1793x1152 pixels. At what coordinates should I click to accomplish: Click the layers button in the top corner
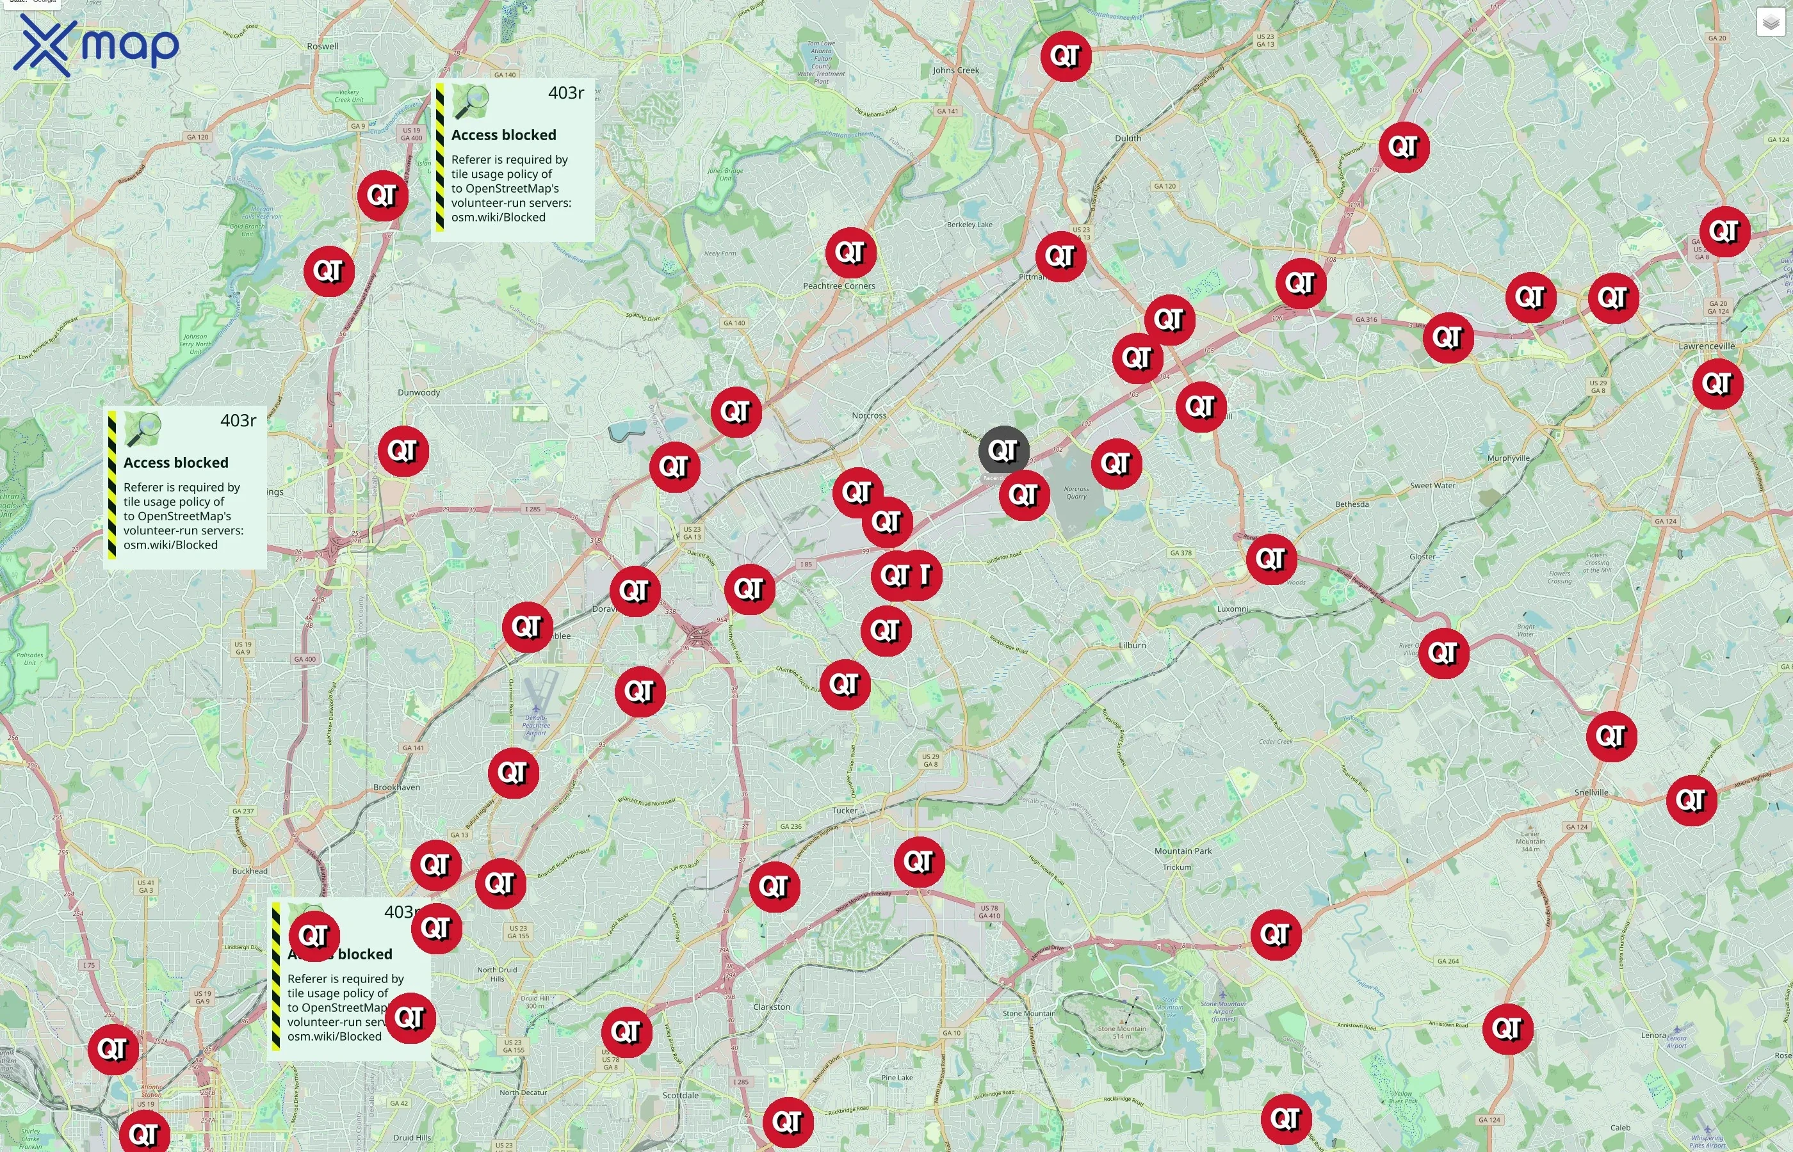tap(1770, 22)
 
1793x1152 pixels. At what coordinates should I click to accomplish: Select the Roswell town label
tap(323, 46)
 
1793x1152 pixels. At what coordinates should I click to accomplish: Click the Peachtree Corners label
tap(839, 285)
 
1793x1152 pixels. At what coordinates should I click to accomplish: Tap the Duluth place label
tap(1128, 138)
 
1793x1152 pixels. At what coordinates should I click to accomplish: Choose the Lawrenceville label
tap(1706, 346)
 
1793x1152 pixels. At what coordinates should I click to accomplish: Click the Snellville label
tap(1591, 792)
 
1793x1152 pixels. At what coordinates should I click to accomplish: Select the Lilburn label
tap(1132, 645)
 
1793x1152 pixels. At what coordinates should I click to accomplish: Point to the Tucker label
tap(845, 810)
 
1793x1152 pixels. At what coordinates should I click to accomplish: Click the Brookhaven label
tap(396, 787)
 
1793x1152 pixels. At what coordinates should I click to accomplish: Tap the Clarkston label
tap(772, 1007)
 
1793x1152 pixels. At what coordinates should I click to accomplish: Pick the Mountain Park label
tap(1182, 851)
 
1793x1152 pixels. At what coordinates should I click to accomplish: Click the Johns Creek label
tap(955, 70)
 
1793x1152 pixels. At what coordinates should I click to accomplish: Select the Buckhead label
tap(250, 871)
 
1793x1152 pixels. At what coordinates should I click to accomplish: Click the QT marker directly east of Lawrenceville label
tap(1717, 384)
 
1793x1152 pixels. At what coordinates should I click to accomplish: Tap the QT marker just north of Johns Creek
tap(1065, 56)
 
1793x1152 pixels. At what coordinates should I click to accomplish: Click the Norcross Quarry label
tap(1076, 492)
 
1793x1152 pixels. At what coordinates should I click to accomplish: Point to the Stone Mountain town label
tap(1029, 1014)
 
